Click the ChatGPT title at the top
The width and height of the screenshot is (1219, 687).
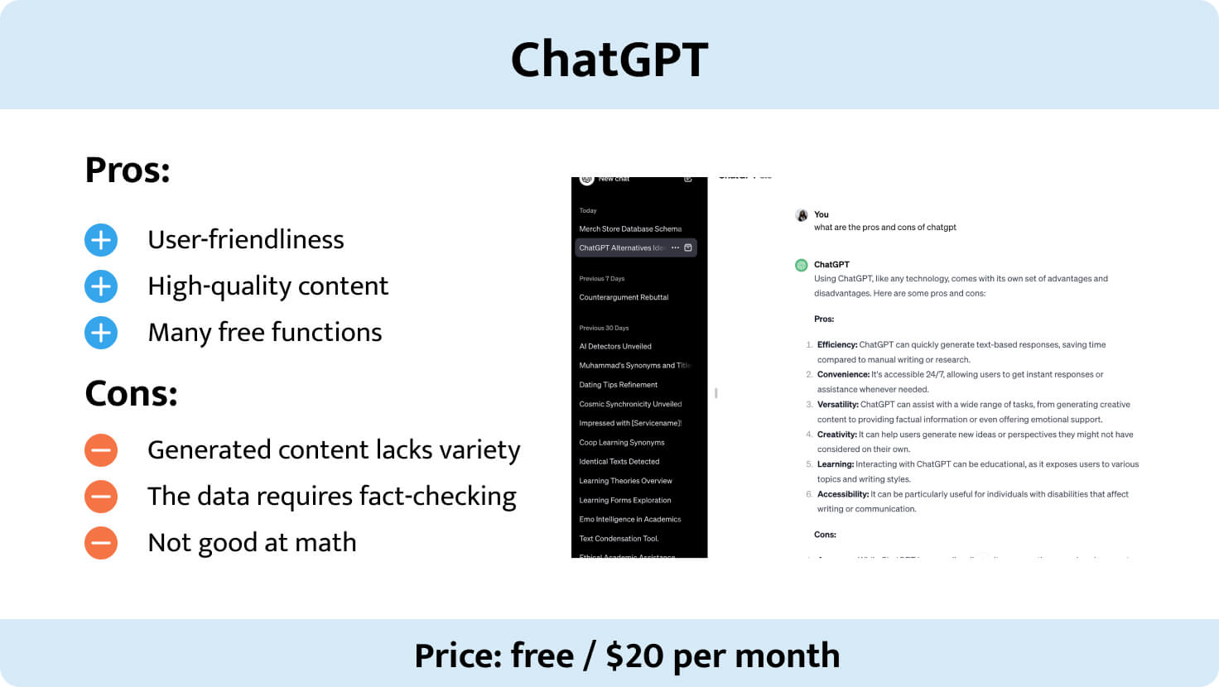(609, 60)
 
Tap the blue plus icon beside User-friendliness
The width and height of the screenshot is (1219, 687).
(101, 240)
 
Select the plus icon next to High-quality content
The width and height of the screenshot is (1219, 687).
(101, 286)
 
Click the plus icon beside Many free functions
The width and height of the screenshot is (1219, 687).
(101, 333)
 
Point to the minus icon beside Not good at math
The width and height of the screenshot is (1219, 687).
(101, 543)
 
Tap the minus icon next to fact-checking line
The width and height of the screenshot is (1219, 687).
(101, 497)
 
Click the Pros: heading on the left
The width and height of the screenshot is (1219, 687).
(128, 171)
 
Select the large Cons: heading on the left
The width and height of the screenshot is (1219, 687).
(131, 394)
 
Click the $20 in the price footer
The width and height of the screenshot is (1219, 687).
(634, 656)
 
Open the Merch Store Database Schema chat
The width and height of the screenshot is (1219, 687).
(630, 228)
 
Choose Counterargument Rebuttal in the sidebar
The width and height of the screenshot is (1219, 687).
(624, 297)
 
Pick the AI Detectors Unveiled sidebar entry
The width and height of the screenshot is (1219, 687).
(615, 346)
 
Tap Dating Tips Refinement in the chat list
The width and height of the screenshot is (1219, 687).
(619, 385)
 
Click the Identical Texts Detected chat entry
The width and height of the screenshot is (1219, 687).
(619, 462)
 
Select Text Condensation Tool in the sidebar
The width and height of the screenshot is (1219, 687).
(619, 539)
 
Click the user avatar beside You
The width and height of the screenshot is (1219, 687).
(802, 215)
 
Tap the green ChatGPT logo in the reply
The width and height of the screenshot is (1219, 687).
(802, 266)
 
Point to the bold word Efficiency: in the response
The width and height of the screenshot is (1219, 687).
(837, 345)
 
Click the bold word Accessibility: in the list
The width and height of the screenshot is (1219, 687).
(843, 494)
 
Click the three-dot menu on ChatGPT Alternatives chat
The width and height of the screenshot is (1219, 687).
(675, 247)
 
